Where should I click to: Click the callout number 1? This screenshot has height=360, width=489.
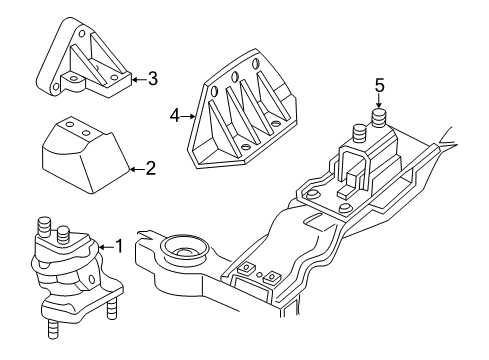click(x=120, y=245)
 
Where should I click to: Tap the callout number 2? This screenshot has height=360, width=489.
click(x=150, y=169)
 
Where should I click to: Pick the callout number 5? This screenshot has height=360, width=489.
click(x=379, y=85)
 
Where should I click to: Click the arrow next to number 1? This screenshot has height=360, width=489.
click(x=106, y=245)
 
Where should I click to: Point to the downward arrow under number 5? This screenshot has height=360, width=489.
click(x=379, y=103)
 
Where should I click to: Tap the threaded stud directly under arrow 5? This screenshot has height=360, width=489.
click(x=379, y=122)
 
